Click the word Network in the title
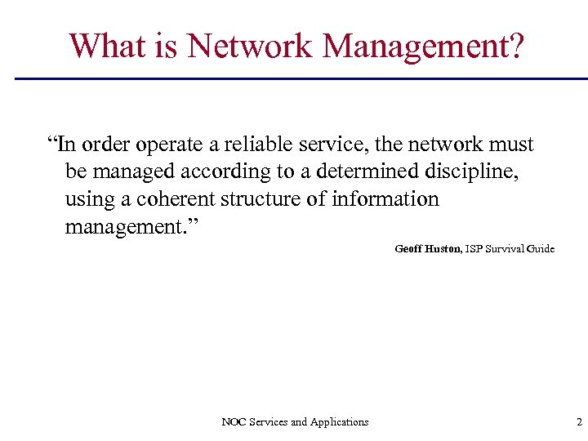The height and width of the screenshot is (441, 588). point(251,46)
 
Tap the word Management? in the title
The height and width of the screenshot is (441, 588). point(424,46)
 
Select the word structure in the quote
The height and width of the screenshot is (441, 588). point(256,198)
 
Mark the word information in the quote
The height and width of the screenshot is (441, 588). point(385,198)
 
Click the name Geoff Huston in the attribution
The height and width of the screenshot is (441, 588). point(427,248)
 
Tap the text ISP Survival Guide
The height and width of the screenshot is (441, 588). point(510,248)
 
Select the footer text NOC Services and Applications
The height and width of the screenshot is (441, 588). point(295,421)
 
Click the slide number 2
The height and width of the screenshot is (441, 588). point(579,421)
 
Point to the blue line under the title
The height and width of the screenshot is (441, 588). point(302,78)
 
